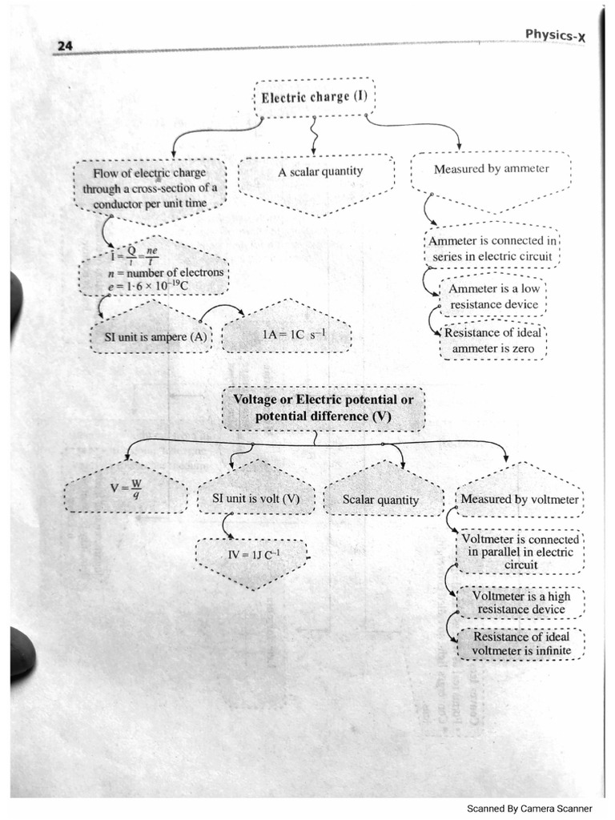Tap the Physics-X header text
(558, 34)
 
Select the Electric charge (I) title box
(316, 97)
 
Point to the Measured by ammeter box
(491, 169)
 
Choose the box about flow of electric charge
(149, 187)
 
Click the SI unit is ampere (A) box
(150, 337)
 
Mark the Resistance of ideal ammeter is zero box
(492, 340)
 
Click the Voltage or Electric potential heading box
(323, 408)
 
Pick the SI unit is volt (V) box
(255, 499)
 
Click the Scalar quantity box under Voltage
(380, 500)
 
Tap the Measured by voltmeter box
(520, 499)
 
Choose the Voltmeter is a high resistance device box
(521, 602)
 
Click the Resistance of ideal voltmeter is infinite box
(521, 644)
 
